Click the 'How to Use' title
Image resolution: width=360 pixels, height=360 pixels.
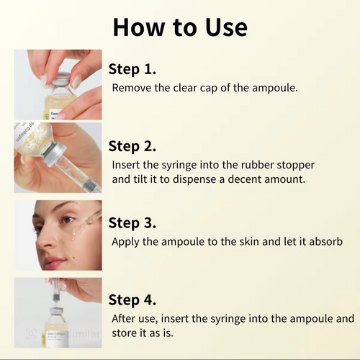(180, 27)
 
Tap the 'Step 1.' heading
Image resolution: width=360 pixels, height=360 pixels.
(132, 70)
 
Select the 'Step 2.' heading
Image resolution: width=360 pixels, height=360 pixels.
(132, 146)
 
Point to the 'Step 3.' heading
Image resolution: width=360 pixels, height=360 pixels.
(132, 222)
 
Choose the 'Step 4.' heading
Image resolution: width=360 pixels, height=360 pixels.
(132, 299)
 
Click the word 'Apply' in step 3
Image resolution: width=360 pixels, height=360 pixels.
(127, 240)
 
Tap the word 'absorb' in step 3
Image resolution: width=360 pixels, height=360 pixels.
(322, 240)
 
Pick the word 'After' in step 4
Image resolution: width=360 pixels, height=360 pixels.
(125, 318)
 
